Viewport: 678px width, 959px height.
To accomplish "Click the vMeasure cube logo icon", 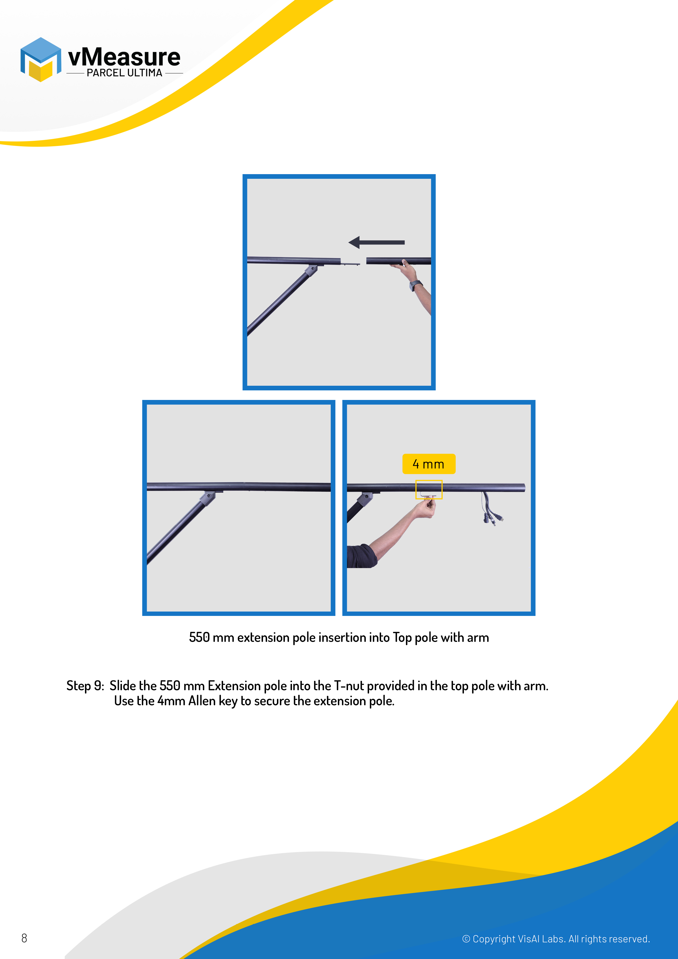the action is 40,59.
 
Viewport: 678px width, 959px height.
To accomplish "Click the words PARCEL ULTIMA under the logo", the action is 124,73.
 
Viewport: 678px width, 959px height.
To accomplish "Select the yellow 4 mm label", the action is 429,464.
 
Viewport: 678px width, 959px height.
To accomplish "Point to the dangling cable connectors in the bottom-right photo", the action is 493,518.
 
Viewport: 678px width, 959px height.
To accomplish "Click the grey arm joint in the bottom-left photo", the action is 207,498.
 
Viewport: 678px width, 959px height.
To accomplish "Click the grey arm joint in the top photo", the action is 311,270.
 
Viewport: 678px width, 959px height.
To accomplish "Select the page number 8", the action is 24,938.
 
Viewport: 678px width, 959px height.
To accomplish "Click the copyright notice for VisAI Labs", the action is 556,939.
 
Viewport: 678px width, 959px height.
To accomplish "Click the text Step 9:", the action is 85,686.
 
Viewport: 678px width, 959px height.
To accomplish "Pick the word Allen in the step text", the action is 202,701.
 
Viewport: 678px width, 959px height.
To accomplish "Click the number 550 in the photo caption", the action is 199,638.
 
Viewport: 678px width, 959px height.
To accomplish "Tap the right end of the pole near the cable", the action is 524,488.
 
